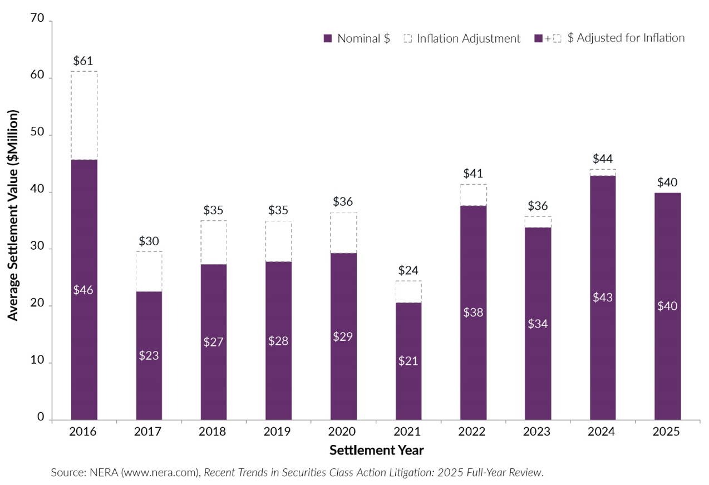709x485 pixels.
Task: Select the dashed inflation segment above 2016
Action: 84,115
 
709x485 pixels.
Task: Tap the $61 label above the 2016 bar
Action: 83,61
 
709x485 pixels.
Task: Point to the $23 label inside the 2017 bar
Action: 149,356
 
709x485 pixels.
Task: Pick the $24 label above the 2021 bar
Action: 408,270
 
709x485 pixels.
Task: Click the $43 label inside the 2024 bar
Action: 603,298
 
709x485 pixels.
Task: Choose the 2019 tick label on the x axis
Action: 278,432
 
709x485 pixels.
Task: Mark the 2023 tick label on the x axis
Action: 538,432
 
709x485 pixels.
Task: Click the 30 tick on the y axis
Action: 38,249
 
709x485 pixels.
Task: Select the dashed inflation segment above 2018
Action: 214,242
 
